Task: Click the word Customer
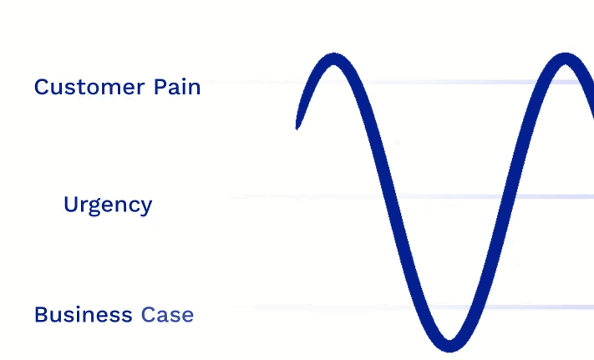coord(89,87)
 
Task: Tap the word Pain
coord(177,87)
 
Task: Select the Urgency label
coord(108,205)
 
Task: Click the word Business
coord(84,315)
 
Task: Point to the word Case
coord(167,315)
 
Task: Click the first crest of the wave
coord(333,58)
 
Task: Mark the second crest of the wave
coord(566,58)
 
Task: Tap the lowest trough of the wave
coord(449,346)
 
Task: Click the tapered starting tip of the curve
coord(297,128)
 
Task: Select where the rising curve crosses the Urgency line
coord(508,196)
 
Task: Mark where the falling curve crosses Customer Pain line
coord(360,82)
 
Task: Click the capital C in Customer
coord(41,87)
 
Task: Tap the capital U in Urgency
coord(70,205)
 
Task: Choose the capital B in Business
coord(41,315)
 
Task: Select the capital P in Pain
coord(160,87)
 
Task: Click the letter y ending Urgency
coord(146,208)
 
